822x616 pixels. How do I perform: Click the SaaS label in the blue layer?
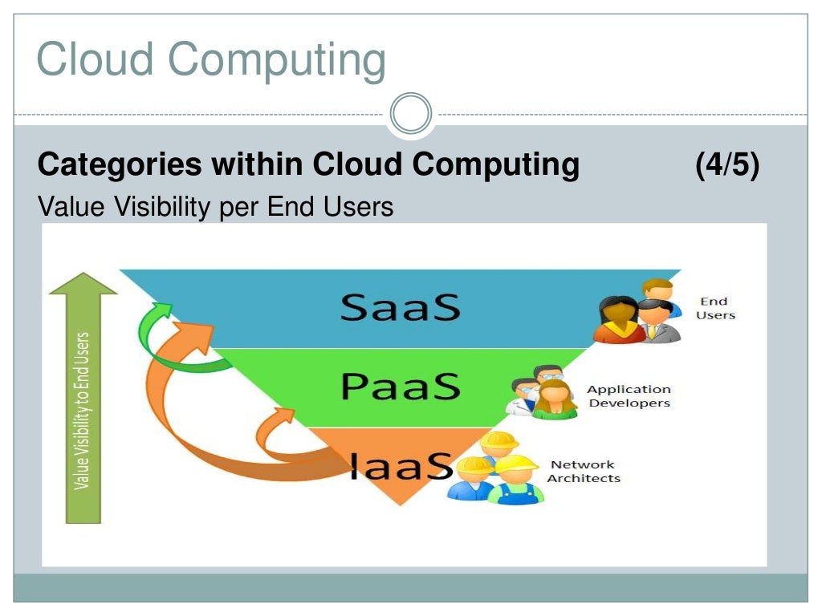click(400, 307)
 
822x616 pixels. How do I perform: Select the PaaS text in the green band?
click(401, 387)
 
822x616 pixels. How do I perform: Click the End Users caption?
click(714, 308)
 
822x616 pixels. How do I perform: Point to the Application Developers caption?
click(629, 396)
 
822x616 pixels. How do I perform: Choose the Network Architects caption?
click(584, 472)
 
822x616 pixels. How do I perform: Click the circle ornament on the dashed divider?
click(411, 113)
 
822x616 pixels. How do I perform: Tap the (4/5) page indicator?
click(727, 165)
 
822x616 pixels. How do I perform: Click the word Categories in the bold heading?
click(120, 165)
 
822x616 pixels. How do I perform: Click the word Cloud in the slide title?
click(96, 61)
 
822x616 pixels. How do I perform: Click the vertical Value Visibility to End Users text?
click(82, 411)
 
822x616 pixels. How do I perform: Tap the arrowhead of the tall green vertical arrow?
click(83, 285)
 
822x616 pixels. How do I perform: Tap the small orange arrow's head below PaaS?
click(282, 417)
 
